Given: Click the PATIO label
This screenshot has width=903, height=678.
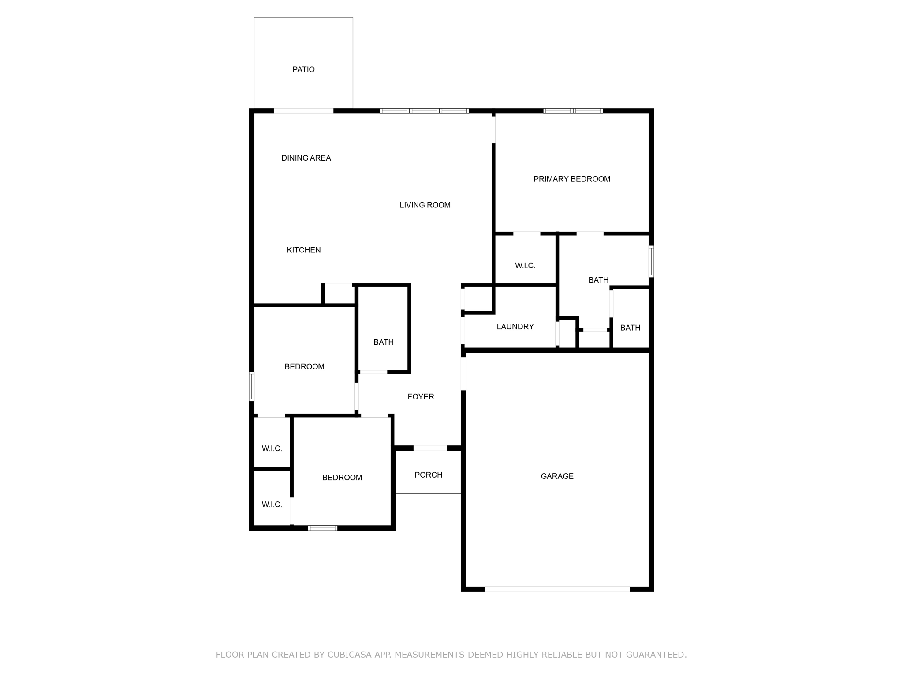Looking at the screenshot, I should click(x=303, y=69).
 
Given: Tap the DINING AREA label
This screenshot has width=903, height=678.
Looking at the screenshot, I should click(x=306, y=158).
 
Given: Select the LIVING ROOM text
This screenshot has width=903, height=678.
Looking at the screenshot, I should click(x=425, y=205).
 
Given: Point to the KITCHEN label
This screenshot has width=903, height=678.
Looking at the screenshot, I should click(x=304, y=250).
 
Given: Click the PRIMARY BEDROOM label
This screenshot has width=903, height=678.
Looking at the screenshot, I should click(x=572, y=179).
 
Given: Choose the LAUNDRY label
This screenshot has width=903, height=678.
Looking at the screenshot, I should click(x=515, y=327).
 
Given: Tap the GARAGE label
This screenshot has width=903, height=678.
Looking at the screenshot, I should click(x=557, y=476).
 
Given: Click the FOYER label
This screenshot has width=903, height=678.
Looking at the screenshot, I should click(x=421, y=397).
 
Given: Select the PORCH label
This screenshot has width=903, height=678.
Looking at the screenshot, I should click(x=428, y=475).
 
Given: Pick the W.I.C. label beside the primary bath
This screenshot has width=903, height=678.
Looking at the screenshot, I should click(x=525, y=266).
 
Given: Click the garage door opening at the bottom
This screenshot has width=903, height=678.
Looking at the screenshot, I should click(x=557, y=589).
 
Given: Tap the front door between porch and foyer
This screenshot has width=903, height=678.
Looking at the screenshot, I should click(x=430, y=448).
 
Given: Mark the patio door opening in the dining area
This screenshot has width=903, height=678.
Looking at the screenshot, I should click(x=303, y=111).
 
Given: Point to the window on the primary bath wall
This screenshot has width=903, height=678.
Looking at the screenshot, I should click(x=651, y=261).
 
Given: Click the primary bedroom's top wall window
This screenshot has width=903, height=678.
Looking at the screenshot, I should click(x=573, y=111).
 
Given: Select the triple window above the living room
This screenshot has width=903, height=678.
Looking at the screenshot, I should click(x=424, y=111).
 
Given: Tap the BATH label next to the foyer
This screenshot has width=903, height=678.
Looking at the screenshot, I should click(x=383, y=342).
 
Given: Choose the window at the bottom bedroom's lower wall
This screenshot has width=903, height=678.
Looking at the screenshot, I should click(x=322, y=528).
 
